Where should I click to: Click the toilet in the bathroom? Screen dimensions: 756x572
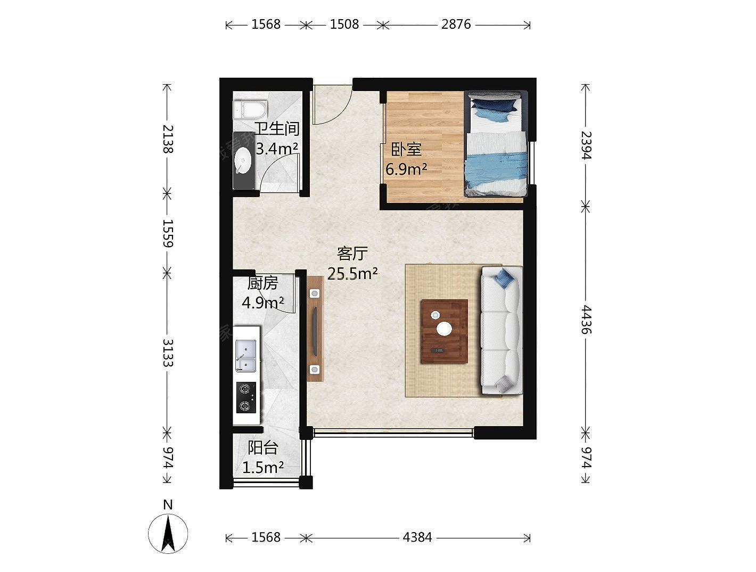(250, 110)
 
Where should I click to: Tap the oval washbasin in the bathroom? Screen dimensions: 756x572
(243, 160)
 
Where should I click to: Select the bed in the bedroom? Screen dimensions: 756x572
(496, 144)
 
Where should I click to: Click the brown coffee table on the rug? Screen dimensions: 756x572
(445, 331)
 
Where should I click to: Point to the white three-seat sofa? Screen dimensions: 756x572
(502, 330)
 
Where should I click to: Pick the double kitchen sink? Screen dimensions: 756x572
(245, 356)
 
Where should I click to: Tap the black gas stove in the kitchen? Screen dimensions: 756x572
(246, 397)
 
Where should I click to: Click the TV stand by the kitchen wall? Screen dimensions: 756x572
(315, 329)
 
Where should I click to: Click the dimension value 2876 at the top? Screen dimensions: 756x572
(456, 24)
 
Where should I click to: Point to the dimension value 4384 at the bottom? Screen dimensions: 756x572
(417, 537)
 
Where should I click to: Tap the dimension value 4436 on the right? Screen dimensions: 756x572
(586, 320)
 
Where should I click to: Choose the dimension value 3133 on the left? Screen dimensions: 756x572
(168, 353)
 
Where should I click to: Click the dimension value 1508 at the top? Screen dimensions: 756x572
(344, 24)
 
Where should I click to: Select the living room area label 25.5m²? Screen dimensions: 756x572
(352, 274)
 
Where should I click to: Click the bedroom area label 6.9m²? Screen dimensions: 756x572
(406, 169)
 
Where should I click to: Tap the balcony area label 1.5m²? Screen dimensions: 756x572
(263, 468)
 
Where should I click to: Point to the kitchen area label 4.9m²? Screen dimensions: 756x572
(263, 303)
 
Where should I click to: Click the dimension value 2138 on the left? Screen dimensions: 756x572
(168, 139)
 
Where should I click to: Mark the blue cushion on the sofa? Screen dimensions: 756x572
(504, 277)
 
